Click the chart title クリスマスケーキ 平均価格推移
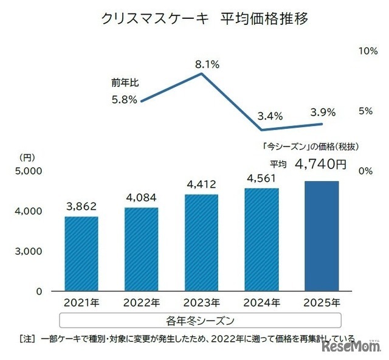(205, 19)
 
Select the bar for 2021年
(81, 253)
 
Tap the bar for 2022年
(141, 249)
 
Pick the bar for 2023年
(201, 242)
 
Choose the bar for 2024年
(261, 239)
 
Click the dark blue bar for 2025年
(320, 235)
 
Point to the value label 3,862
(81, 206)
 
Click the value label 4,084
(141, 198)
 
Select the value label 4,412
(201, 184)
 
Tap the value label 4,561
(261, 178)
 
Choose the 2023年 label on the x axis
(201, 302)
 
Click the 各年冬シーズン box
(200, 319)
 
